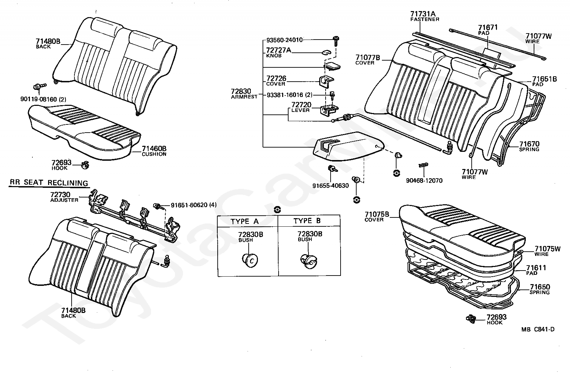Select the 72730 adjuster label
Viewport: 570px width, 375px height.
click(x=60, y=195)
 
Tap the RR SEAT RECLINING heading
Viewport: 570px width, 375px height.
click(x=48, y=183)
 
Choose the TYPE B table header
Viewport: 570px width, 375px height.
click(x=307, y=221)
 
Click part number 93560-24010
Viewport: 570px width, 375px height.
click(x=284, y=40)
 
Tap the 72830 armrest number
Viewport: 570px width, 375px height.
click(x=241, y=91)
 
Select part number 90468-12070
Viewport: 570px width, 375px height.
click(x=424, y=181)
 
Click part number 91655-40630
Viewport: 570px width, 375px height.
click(x=331, y=186)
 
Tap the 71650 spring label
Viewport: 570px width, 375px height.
click(x=539, y=287)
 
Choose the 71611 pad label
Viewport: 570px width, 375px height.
click(x=536, y=268)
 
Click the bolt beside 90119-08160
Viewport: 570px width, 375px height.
click(x=38, y=86)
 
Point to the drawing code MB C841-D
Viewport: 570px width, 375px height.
click(x=538, y=329)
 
